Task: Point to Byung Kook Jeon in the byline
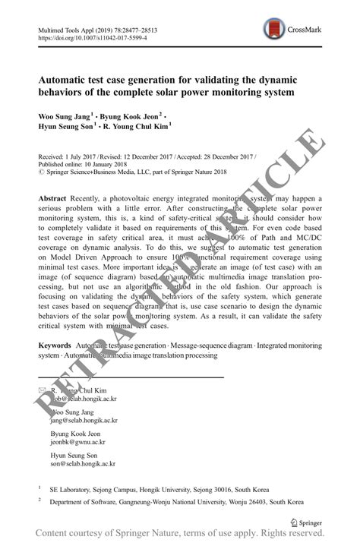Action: pyautogui.click(x=132, y=115)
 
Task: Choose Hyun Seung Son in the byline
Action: pyautogui.click(x=65, y=126)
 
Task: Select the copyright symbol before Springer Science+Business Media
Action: pyautogui.click(x=40, y=172)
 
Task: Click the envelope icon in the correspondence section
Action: pyautogui.click(x=43, y=390)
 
